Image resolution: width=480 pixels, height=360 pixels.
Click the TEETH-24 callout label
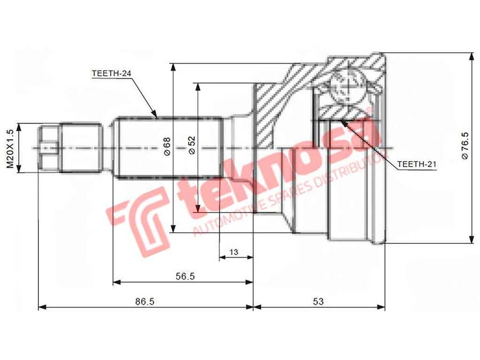pyautogui.click(x=111, y=74)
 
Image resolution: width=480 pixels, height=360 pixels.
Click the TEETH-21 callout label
pyautogui.click(x=417, y=164)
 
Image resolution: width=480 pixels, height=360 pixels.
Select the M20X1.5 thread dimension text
pyautogui.click(x=11, y=148)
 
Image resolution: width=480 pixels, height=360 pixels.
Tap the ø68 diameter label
pyautogui.click(x=167, y=146)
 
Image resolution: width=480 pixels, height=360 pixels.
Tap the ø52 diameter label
pyautogui.click(x=191, y=145)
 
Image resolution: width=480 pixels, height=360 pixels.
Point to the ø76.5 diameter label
pyautogui.click(x=465, y=146)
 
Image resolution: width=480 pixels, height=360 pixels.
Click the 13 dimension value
pyautogui.click(x=234, y=252)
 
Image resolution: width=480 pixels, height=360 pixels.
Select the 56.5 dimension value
pyautogui.click(x=185, y=276)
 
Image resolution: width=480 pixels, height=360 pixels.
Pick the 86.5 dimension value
pyautogui.click(x=145, y=301)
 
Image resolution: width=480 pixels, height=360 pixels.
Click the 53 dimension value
pyautogui.click(x=318, y=301)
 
